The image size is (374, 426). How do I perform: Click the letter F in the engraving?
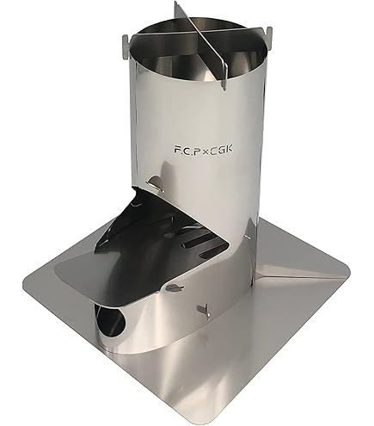pyautogui.click(x=177, y=150)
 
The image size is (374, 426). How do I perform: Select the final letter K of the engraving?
pyautogui.click(x=229, y=150)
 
